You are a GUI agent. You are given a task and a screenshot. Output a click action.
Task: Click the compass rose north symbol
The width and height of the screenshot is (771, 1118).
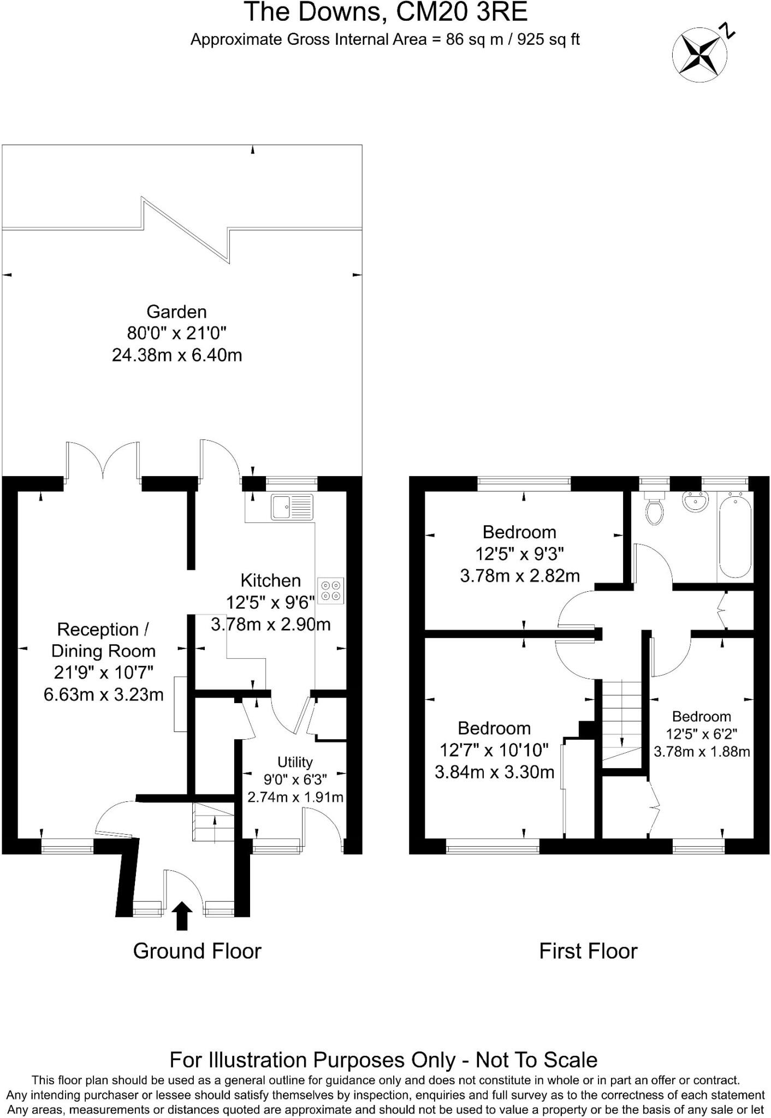point(699,55)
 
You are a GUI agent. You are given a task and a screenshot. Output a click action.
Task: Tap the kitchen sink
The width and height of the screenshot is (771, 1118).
point(292,507)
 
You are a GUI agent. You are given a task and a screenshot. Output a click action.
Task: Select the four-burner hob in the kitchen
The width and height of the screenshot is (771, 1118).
point(331,591)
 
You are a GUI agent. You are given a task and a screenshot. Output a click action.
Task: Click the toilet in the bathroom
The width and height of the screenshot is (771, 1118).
point(654,509)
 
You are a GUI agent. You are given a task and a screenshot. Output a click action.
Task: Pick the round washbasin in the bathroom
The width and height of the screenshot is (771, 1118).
point(695,501)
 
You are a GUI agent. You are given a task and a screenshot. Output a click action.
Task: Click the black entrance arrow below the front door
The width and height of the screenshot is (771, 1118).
point(182,915)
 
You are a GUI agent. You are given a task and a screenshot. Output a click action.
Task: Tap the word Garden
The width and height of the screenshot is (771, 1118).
point(176,312)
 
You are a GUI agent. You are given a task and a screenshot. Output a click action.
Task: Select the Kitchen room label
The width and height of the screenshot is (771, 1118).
point(271,580)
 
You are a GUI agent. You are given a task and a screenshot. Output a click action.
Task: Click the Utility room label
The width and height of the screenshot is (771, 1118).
point(295,762)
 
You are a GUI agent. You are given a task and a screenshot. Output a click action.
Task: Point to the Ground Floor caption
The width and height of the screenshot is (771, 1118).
point(197,951)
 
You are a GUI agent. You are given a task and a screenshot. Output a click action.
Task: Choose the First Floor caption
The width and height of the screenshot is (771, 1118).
point(588,951)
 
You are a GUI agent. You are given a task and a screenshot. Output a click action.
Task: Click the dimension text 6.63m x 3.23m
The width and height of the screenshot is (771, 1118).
point(104,694)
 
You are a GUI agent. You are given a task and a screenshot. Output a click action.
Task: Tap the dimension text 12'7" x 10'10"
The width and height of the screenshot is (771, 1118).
point(494,750)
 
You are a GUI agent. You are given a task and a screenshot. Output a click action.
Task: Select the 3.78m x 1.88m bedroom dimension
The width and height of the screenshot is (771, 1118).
point(702,752)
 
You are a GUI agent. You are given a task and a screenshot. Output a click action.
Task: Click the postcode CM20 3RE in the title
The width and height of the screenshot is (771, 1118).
point(461,12)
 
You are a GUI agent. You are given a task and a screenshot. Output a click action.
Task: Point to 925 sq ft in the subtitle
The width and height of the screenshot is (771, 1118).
point(548,39)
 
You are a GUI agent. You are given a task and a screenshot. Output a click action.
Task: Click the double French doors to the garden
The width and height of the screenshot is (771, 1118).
point(103,461)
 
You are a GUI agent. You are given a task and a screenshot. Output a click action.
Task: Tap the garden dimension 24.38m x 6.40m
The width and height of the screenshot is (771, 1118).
point(177,355)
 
